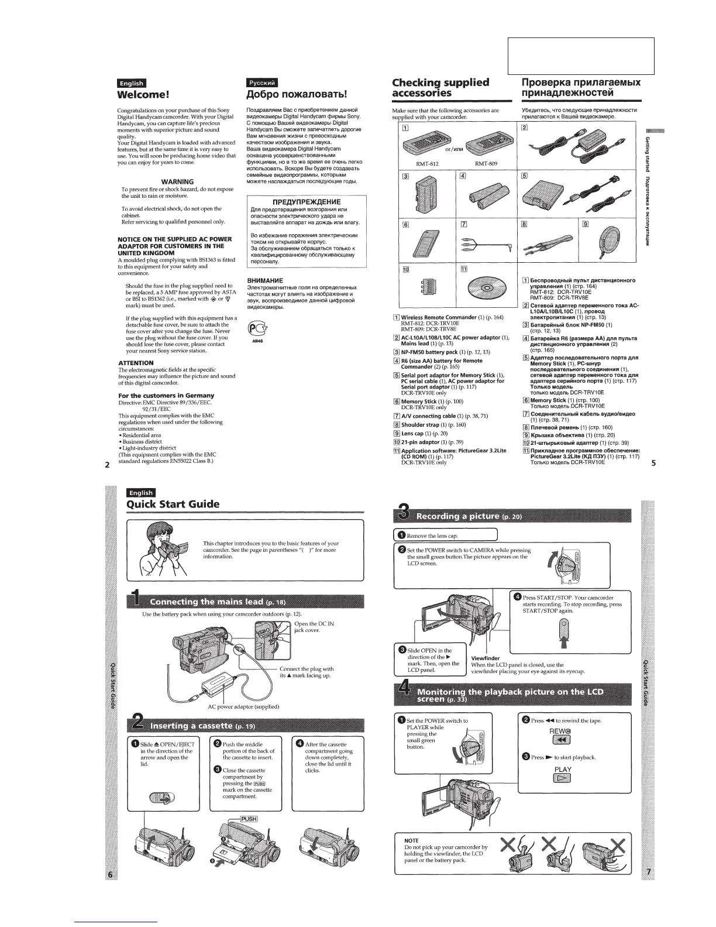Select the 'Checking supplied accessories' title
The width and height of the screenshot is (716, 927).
(440, 88)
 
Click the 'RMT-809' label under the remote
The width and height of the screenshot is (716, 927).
(486, 164)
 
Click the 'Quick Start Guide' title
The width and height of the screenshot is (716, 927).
(173, 504)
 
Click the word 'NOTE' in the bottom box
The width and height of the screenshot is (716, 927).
(411, 840)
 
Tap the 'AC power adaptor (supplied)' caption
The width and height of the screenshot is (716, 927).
(243, 706)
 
